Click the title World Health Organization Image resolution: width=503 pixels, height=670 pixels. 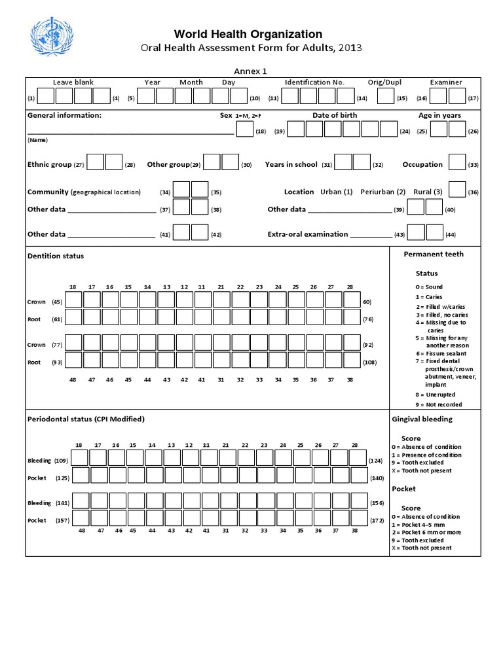click(248, 34)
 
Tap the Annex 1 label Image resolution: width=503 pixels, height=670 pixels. click(250, 71)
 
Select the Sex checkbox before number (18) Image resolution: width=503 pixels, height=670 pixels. click(244, 130)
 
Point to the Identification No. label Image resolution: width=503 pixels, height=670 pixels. click(314, 82)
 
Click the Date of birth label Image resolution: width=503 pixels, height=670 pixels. click(335, 115)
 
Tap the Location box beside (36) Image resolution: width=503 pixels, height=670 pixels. click(457, 190)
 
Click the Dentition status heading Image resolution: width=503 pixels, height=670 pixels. click(56, 256)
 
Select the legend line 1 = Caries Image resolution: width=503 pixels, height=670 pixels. click(429, 296)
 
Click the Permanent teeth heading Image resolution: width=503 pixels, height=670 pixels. click(433, 254)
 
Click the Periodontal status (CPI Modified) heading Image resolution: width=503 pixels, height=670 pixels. click(86, 419)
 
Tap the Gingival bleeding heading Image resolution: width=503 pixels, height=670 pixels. click(422, 419)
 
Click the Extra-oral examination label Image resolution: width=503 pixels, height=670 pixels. click(307, 234)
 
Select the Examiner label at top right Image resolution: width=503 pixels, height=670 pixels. click(445, 82)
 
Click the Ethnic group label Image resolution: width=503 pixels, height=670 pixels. click(49, 165)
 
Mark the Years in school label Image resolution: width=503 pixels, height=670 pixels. click(291, 165)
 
